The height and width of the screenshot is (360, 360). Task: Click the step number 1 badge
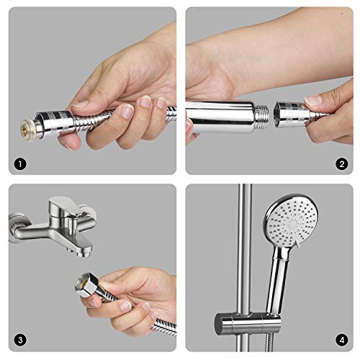(x=20, y=164)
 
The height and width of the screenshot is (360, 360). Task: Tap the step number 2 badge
(x=342, y=164)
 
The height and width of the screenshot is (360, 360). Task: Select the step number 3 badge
(x=20, y=340)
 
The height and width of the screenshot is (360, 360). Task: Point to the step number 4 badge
(x=342, y=340)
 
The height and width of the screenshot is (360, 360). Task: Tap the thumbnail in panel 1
(x=79, y=104)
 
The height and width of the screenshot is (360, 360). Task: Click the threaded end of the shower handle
(x=263, y=117)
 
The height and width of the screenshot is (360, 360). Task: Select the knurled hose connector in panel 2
(x=292, y=115)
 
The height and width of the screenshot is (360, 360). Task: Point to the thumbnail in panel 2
(x=313, y=100)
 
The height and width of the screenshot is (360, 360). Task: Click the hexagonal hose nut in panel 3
(x=86, y=285)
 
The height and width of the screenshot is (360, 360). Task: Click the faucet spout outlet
(x=83, y=253)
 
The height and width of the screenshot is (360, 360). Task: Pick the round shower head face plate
(x=291, y=220)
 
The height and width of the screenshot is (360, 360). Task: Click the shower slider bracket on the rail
(x=247, y=323)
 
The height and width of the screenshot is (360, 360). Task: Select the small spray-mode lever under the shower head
(x=297, y=243)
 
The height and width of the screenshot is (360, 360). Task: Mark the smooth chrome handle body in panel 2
(x=220, y=117)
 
